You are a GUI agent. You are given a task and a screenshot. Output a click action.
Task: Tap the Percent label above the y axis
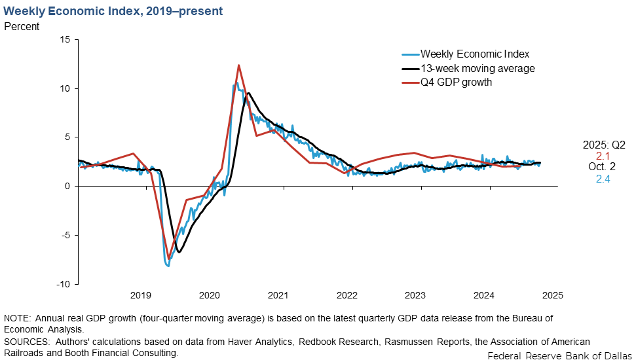click(x=22, y=27)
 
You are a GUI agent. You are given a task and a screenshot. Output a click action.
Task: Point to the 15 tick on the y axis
click(x=65, y=39)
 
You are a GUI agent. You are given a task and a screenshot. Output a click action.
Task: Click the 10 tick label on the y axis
click(x=65, y=88)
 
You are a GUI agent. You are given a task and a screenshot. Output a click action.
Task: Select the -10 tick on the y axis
click(x=62, y=284)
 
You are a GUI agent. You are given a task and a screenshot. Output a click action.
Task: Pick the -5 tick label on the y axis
click(x=65, y=235)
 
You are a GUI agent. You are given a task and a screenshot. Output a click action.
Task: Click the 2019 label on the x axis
click(x=140, y=295)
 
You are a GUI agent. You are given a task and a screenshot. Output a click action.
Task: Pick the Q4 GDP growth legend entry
click(x=456, y=82)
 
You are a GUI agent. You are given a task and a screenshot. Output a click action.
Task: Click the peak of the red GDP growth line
click(x=238, y=65)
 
